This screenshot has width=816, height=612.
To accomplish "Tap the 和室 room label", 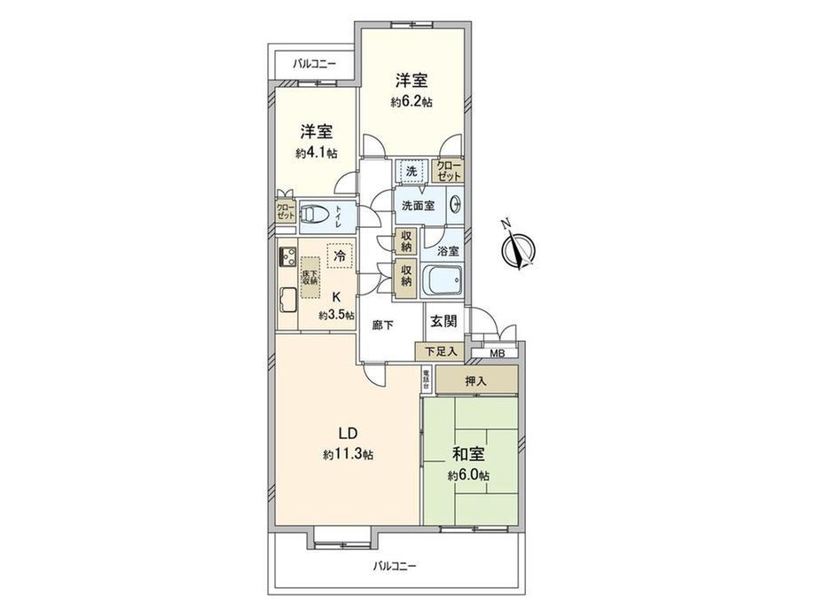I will tap(467, 455).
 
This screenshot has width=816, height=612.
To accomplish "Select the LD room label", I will tap(347, 434).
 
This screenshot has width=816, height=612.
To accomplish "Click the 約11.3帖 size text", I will tap(347, 454).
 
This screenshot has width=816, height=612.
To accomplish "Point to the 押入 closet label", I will tap(475, 381).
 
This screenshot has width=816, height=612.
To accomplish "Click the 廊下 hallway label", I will tap(384, 325).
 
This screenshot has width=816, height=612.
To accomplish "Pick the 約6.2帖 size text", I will tap(412, 102).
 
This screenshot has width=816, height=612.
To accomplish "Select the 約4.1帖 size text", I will tap(316, 153).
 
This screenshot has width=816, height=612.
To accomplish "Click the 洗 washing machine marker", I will tap(412, 170).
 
